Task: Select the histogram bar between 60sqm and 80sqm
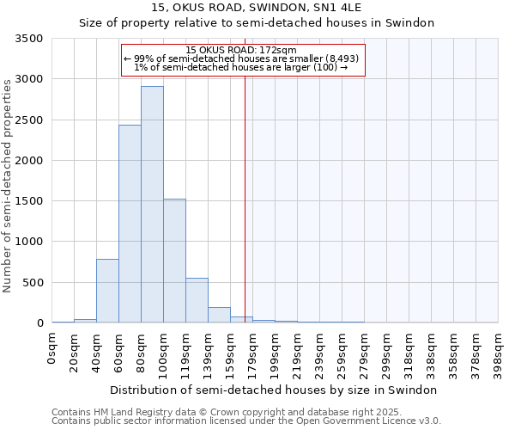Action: [x=130, y=224]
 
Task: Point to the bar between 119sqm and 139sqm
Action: [x=197, y=300]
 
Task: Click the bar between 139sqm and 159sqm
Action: [x=219, y=315]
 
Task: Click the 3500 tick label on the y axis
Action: [x=29, y=39]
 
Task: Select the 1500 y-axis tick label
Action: [x=29, y=201]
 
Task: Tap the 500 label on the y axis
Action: [x=33, y=283]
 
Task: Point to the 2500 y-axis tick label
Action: [x=29, y=120]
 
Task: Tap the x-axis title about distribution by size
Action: [x=275, y=390]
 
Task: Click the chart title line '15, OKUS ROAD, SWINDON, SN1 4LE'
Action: [x=257, y=8]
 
